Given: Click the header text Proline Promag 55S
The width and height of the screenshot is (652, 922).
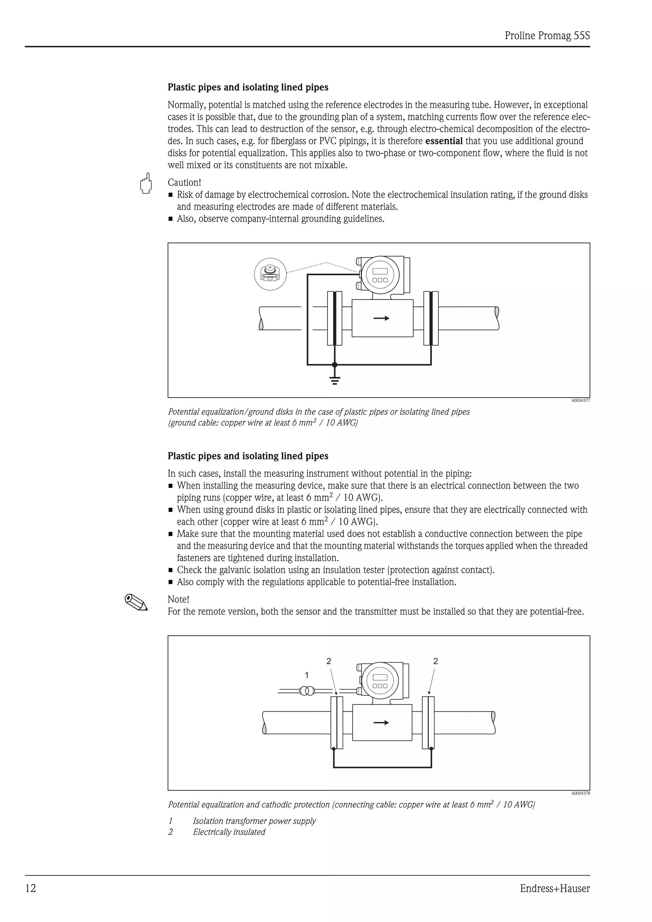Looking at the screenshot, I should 547,36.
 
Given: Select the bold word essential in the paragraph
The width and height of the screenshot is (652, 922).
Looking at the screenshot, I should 443,141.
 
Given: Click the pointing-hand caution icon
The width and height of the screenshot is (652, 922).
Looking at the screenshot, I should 146,184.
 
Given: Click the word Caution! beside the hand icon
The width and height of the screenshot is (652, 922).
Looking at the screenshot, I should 184,182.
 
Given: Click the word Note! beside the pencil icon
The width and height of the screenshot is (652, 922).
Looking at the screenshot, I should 178,599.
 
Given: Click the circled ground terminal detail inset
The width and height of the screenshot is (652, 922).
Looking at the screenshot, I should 270,274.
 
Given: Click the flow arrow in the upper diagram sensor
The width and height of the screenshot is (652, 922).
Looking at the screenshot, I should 381,318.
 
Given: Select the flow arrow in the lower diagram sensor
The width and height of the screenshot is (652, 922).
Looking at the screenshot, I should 381,723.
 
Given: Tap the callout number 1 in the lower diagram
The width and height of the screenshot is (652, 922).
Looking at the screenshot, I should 307,675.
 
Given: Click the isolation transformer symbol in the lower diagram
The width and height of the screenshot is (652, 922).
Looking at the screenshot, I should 307,691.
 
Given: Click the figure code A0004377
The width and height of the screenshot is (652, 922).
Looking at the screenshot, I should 580,400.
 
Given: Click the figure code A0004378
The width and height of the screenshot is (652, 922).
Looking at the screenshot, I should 580,793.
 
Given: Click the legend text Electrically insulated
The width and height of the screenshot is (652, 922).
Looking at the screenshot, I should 229,832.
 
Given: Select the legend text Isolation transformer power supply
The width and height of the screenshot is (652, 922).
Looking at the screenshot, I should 254,821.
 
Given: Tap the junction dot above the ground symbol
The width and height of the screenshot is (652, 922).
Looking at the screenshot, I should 335,365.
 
